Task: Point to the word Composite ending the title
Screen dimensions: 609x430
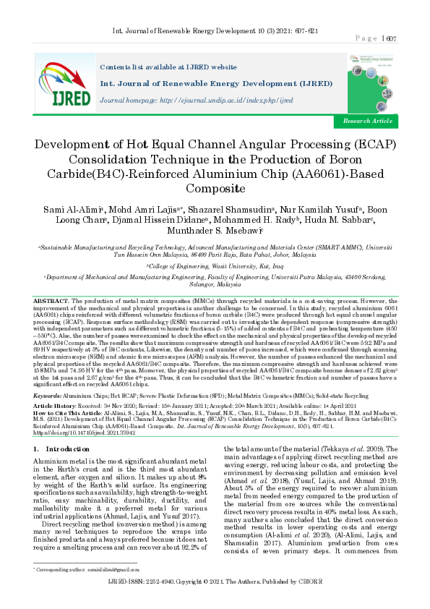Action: click(x=215, y=189)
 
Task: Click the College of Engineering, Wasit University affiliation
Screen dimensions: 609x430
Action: click(x=215, y=266)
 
